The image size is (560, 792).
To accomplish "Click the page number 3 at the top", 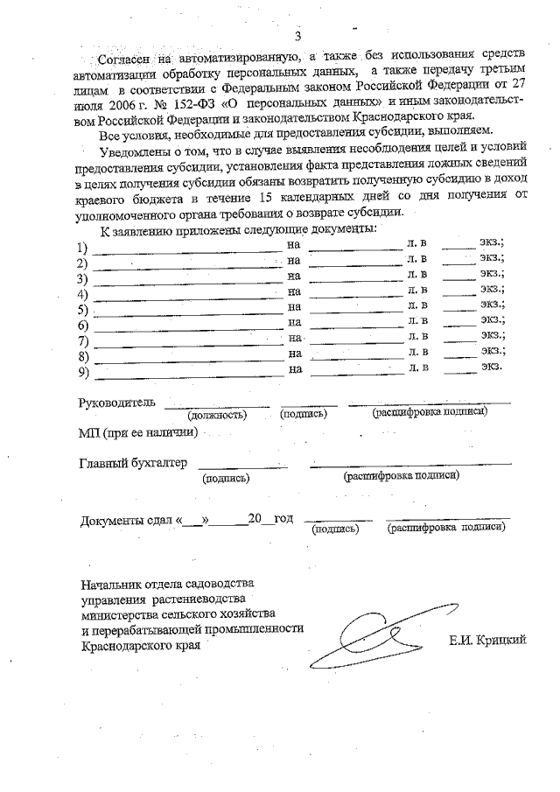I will pyautogui.click(x=297, y=37).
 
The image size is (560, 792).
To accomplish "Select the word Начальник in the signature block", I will pyautogui.click(x=113, y=584).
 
